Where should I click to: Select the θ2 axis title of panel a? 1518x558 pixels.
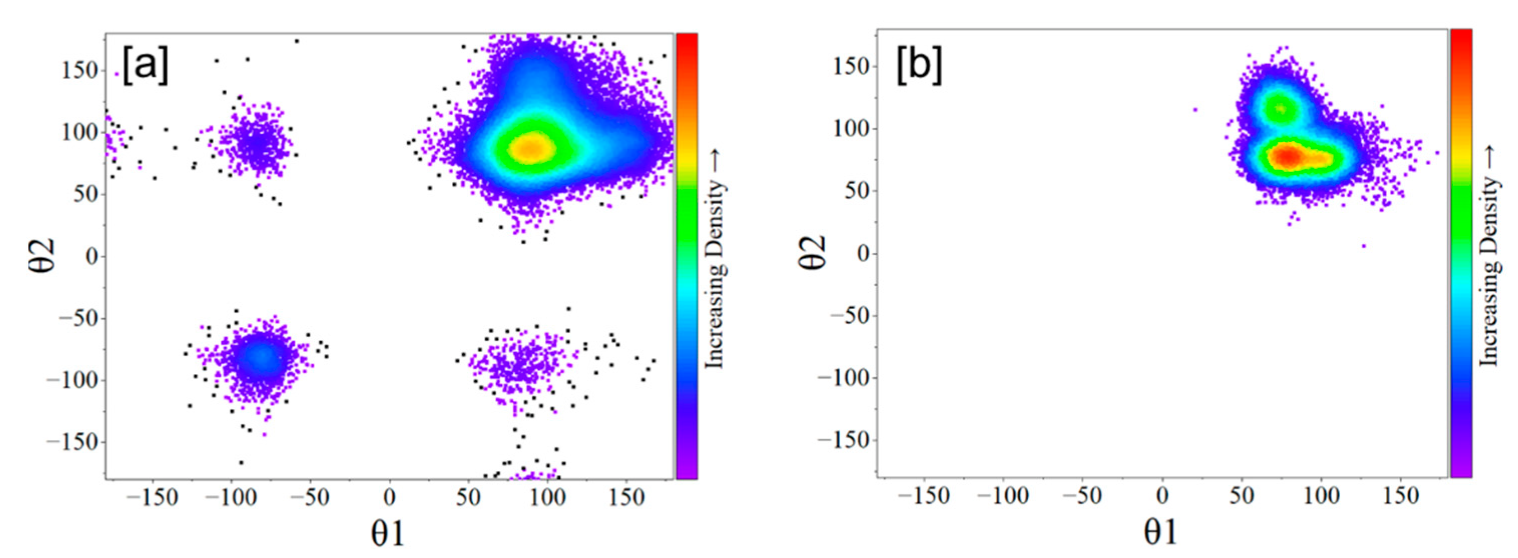(x=43, y=255)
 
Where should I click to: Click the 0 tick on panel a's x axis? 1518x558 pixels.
(x=390, y=498)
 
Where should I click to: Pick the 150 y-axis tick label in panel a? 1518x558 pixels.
(x=79, y=70)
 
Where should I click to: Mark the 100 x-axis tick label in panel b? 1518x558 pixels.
(x=1320, y=495)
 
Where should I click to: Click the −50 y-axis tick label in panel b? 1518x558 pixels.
(x=850, y=316)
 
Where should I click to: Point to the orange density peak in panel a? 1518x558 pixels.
(x=531, y=148)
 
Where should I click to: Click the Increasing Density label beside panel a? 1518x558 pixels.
(x=715, y=259)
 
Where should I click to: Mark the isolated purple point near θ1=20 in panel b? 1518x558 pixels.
(x=1195, y=109)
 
